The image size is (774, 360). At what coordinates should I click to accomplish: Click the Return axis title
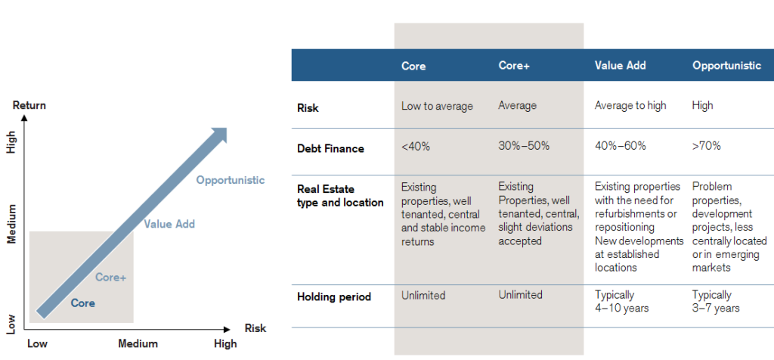pyautogui.click(x=29, y=105)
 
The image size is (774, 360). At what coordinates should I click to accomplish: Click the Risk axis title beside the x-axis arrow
pyautogui.click(x=255, y=328)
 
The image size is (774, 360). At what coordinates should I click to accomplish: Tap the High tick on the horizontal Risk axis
pyautogui.click(x=224, y=344)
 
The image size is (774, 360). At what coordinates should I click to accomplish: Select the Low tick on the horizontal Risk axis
pyautogui.click(x=38, y=344)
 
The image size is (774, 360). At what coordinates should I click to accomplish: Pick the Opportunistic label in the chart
pyautogui.click(x=231, y=180)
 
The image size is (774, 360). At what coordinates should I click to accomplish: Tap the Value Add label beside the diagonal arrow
pyautogui.click(x=169, y=224)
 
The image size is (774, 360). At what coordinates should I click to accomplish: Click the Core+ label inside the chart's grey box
pyautogui.click(x=110, y=278)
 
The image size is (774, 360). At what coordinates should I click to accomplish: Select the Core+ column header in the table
pyautogui.click(x=514, y=66)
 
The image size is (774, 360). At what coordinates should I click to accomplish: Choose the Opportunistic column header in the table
pyautogui.click(x=726, y=66)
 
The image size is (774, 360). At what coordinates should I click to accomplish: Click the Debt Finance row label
pyautogui.click(x=330, y=148)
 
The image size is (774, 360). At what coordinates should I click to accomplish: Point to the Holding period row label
pyautogui.click(x=333, y=296)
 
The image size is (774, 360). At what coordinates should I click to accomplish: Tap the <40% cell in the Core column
pyautogui.click(x=416, y=147)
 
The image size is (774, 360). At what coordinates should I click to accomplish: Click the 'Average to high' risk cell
pyautogui.click(x=630, y=106)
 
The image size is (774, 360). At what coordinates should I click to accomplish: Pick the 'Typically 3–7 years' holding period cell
pyautogui.click(x=716, y=301)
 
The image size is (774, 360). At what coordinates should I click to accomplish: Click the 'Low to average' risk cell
pyautogui.click(x=437, y=106)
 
